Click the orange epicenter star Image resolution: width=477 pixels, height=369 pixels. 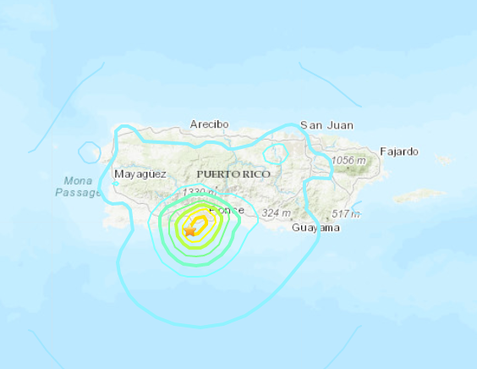190,229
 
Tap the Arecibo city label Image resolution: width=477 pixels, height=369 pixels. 210,124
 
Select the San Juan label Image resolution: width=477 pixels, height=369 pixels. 327,125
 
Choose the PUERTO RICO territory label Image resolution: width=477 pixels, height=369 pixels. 233,173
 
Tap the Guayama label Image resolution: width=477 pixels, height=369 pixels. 315,228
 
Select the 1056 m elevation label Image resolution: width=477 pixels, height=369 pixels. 349,161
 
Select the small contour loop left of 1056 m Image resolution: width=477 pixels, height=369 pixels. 276,155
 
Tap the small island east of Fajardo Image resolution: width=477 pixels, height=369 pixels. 444,158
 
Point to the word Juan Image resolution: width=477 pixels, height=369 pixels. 340,125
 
